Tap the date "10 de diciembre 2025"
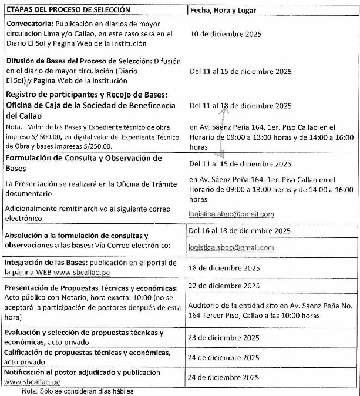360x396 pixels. click(x=226, y=33)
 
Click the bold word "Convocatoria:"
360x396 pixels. click(x=29, y=24)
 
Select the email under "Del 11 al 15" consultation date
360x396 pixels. click(x=231, y=214)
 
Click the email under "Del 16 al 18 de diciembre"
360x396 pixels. click(x=231, y=248)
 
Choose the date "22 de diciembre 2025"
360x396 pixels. click(x=224, y=286)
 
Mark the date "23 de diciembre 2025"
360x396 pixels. click(x=224, y=337)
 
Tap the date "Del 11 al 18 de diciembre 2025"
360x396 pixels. click(x=240, y=106)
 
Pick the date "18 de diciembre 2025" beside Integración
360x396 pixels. click(x=224, y=268)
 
